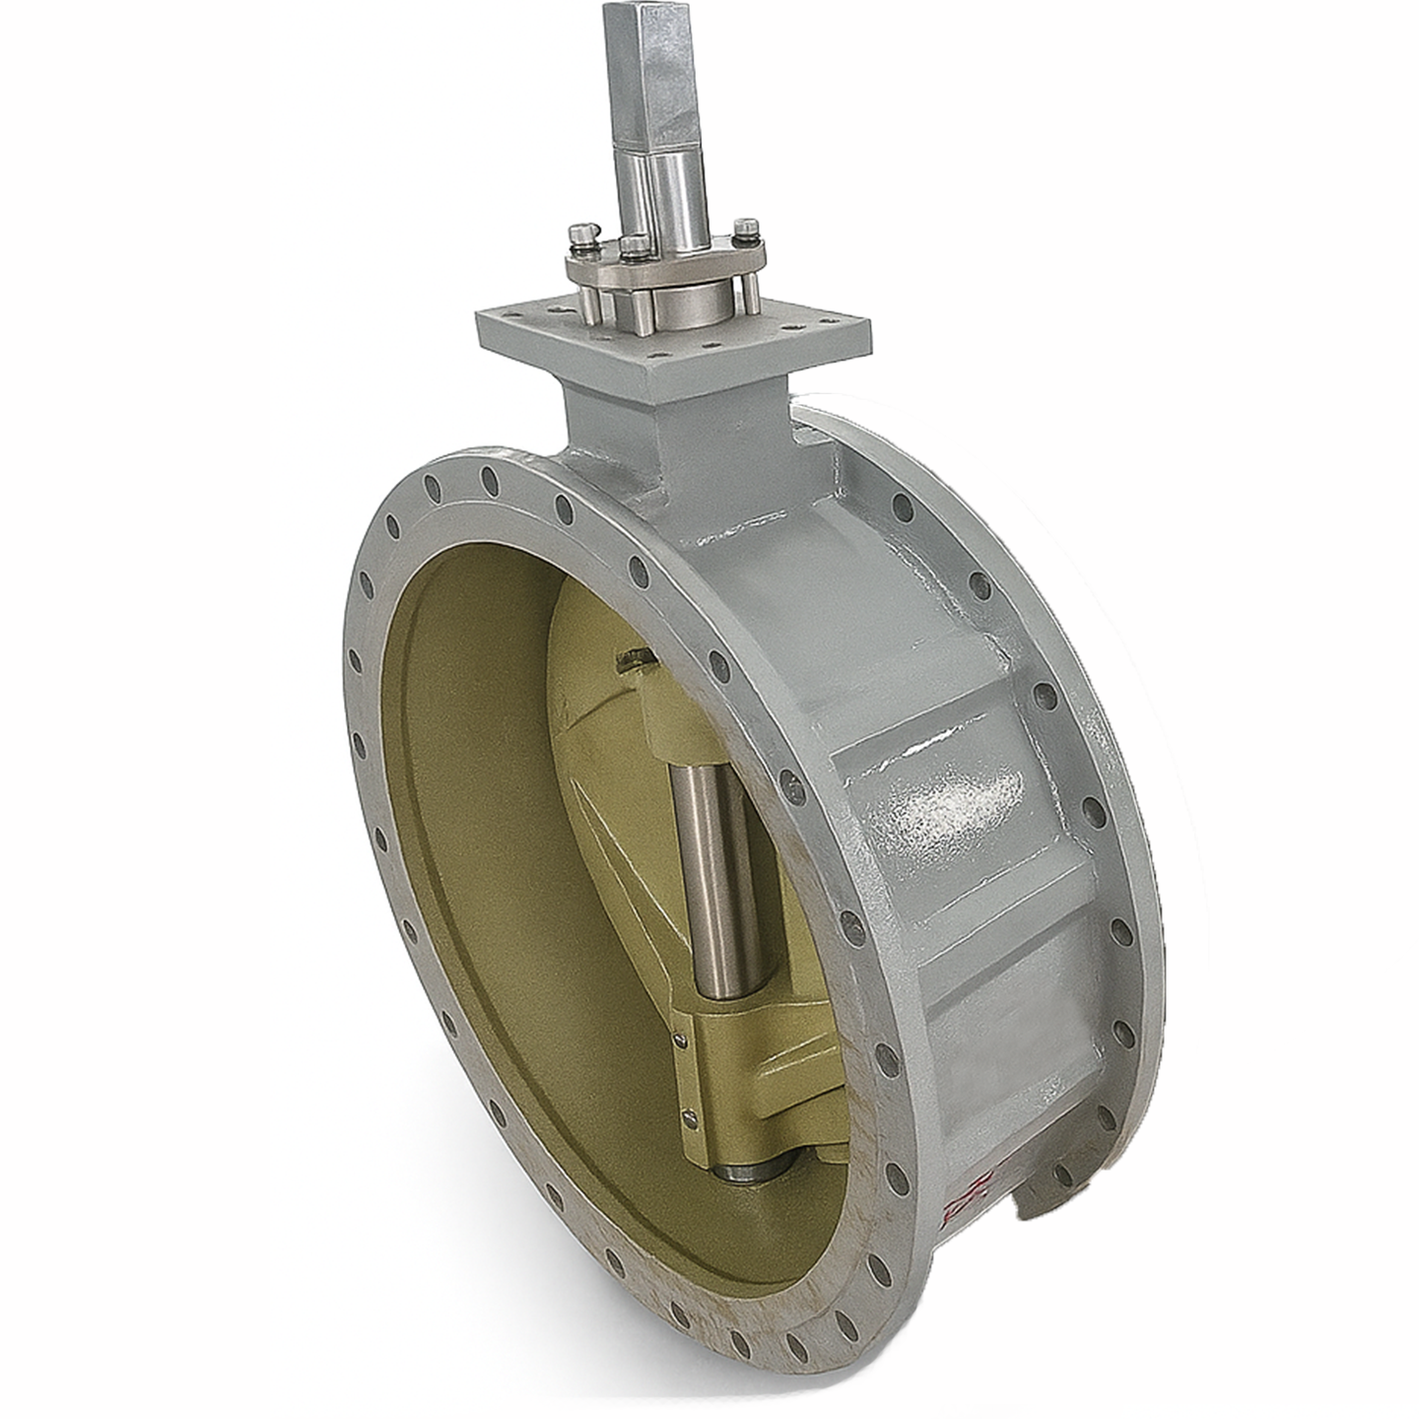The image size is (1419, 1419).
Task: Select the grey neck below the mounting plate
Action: (x=670, y=434)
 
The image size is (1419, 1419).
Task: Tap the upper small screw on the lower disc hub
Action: (x=680, y=1035)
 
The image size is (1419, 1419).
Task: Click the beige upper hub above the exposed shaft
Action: (x=680, y=719)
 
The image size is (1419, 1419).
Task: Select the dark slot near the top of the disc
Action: (x=631, y=658)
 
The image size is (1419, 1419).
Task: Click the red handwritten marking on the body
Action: (x=971, y=1192)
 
